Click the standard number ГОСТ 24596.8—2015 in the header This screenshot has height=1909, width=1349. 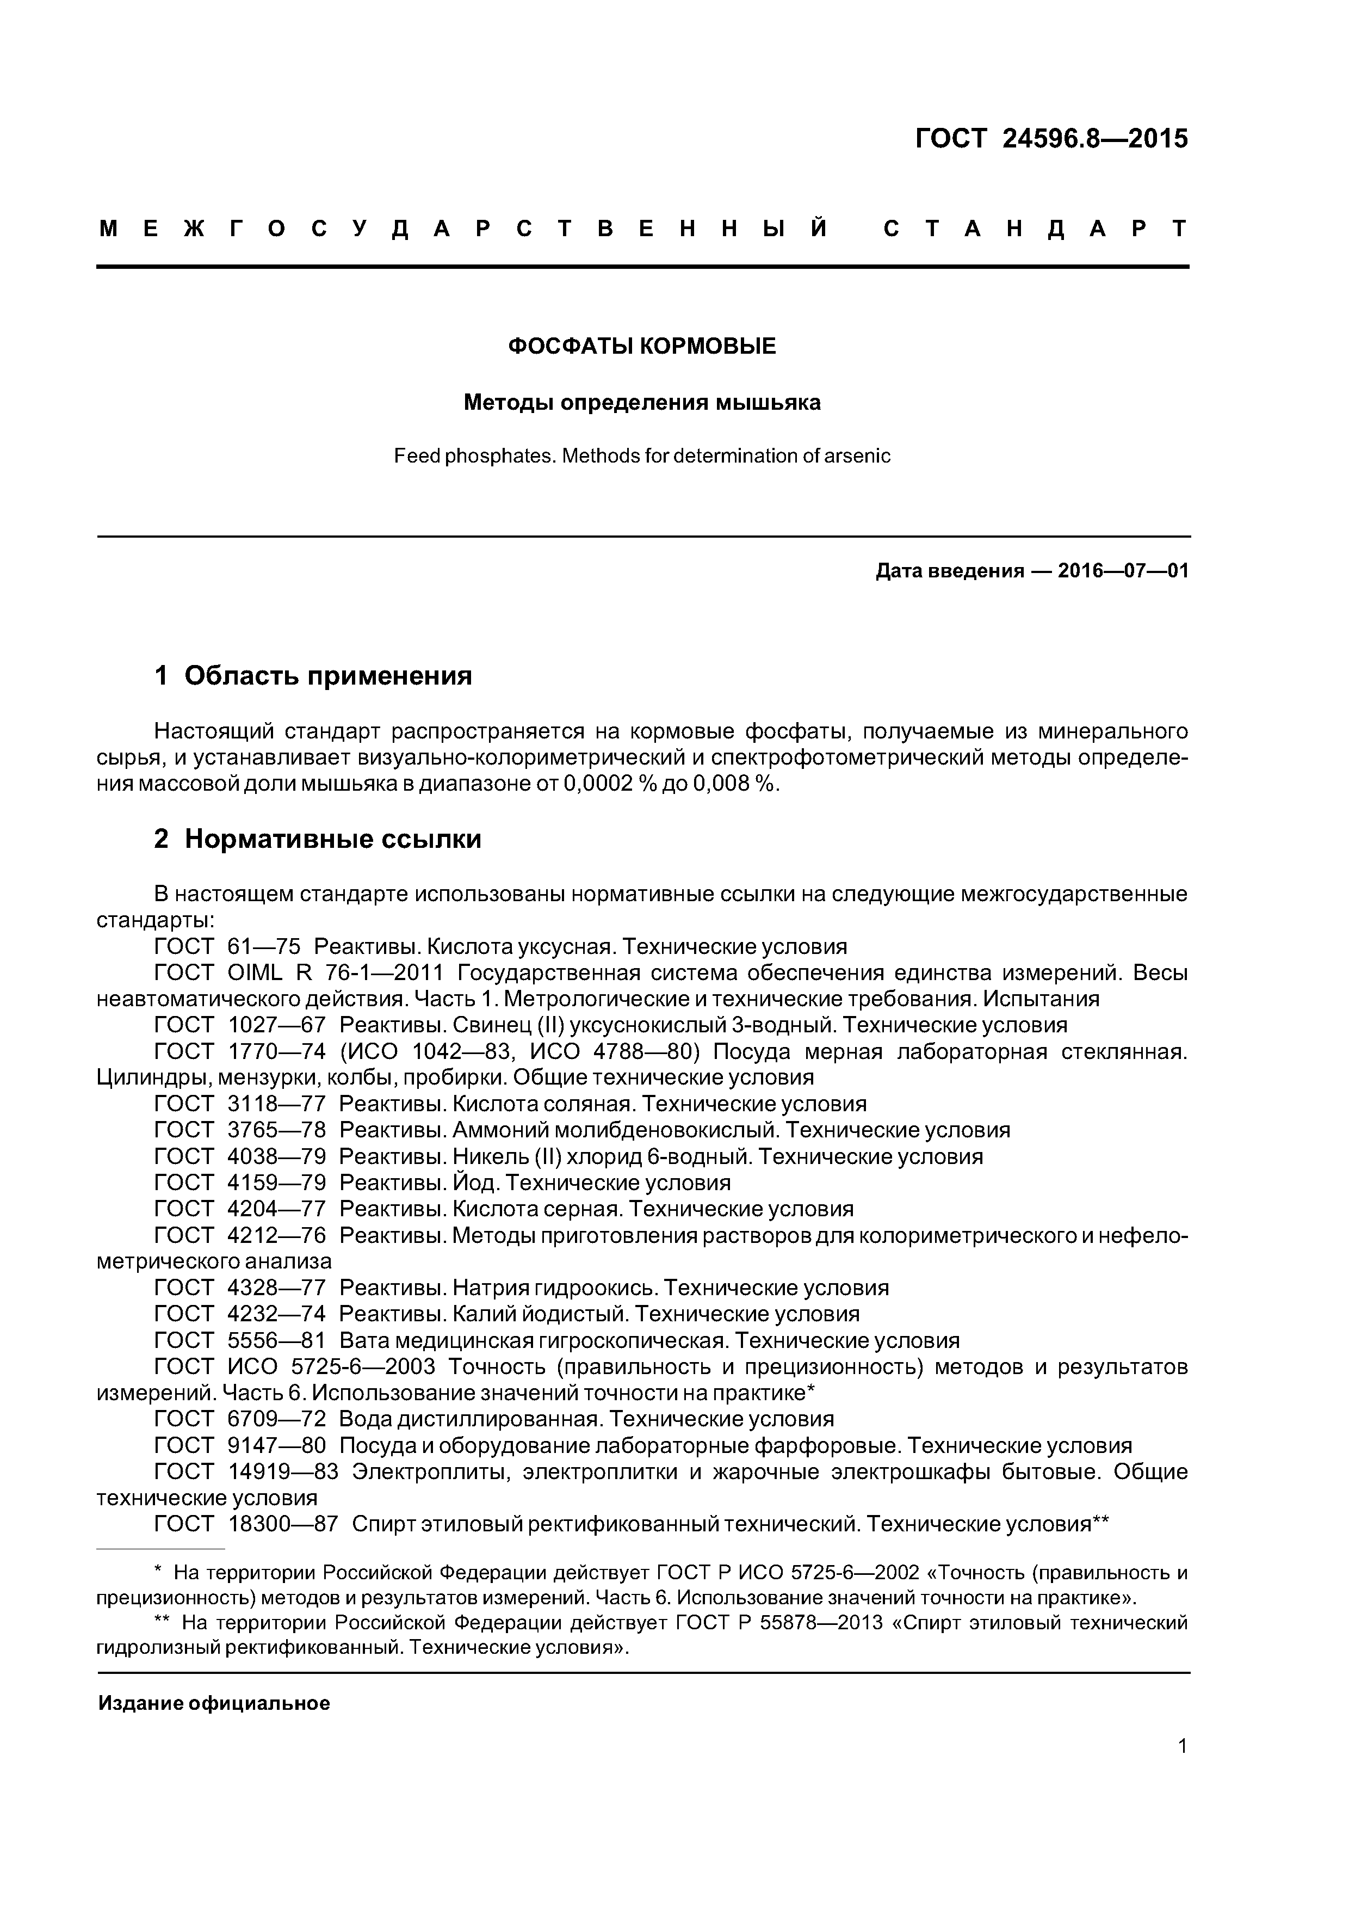[1051, 138]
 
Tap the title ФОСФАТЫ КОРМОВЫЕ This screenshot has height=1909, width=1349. [642, 346]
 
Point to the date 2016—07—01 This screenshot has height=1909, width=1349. [1123, 571]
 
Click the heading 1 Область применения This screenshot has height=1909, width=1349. [313, 675]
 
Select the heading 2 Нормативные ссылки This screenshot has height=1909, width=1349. [318, 839]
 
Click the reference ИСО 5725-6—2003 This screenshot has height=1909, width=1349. [331, 1367]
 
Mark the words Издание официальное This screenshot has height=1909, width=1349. [214, 1703]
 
